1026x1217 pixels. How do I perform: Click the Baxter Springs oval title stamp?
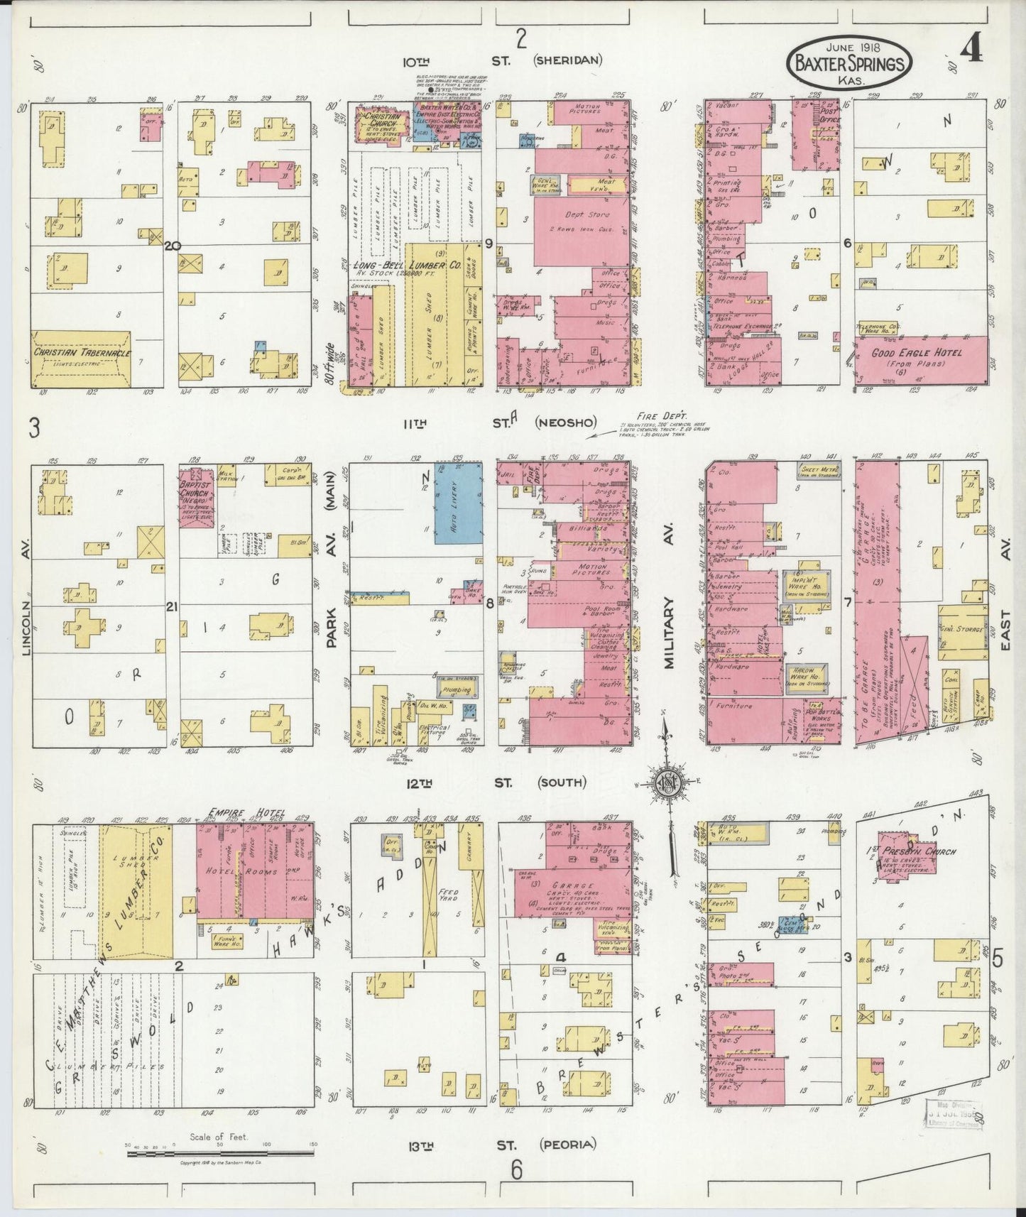pyautogui.click(x=848, y=65)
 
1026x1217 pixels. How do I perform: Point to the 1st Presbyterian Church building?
pyautogui.click(x=906, y=851)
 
